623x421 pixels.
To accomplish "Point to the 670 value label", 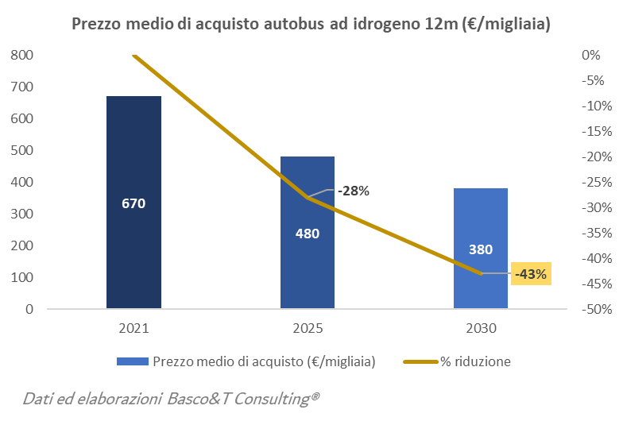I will click(x=133, y=203).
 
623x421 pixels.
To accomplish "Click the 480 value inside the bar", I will click(x=308, y=234).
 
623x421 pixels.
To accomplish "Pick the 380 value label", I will click(x=481, y=249).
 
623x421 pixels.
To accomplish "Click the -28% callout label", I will click(x=353, y=191).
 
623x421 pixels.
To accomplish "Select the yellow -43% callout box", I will click(x=531, y=274).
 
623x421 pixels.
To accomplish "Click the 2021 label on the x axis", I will click(x=133, y=328).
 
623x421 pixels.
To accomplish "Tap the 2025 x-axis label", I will click(x=308, y=328).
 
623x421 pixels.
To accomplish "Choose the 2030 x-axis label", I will click(x=481, y=328).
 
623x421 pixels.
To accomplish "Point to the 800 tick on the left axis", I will click(x=22, y=55).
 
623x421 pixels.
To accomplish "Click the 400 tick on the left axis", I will click(x=22, y=182).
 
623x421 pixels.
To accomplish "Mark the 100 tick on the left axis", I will click(x=22, y=277).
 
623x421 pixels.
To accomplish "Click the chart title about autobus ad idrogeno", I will click(x=311, y=24).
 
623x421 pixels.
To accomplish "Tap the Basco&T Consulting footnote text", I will click(x=171, y=398).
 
